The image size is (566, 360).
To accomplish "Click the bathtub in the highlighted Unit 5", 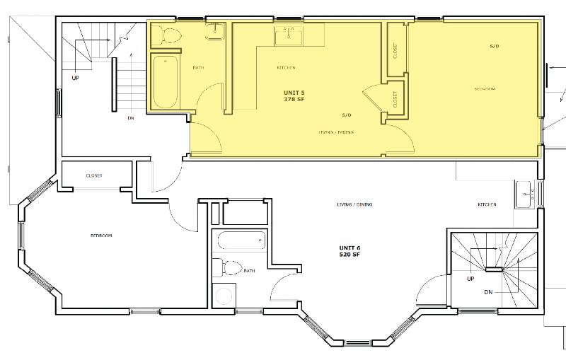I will (x=165, y=82).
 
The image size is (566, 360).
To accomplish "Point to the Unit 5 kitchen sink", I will (x=289, y=35).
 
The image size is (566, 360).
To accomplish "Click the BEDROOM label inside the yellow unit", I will (x=484, y=89).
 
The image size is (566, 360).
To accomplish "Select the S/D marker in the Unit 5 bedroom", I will (x=495, y=46).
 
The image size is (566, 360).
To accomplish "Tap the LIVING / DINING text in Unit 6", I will (x=354, y=205).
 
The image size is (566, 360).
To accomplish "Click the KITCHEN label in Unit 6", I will (x=487, y=205).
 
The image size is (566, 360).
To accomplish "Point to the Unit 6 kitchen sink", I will (x=524, y=193).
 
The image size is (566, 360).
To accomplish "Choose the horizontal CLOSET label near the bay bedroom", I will (x=94, y=175).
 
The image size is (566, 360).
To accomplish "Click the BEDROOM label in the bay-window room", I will (x=101, y=236).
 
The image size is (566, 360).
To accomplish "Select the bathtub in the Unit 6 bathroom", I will (x=241, y=240).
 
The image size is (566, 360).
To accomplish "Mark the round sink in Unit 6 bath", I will (x=224, y=294).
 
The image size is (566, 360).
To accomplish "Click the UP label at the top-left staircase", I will (x=75, y=78).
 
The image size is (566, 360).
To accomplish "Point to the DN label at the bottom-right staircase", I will (x=489, y=291).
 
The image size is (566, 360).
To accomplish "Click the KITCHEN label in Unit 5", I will (x=286, y=68).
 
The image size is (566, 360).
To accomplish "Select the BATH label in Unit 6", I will (x=249, y=270).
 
